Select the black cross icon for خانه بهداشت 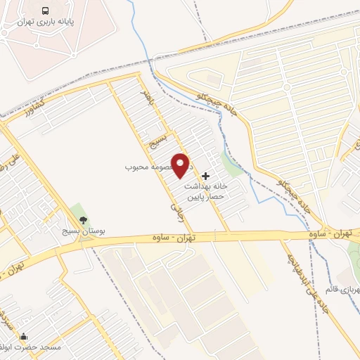(x=205, y=174)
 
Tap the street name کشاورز (x=36, y=110)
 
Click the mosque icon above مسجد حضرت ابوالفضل (x=25, y=336)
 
